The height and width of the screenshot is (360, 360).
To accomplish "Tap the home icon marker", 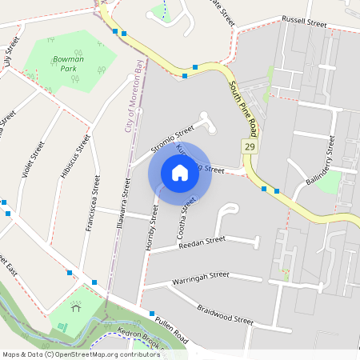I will click(x=180, y=173).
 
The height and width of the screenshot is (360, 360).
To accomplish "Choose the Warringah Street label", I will click(x=201, y=278).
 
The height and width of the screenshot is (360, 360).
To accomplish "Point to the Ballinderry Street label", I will click(x=320, y=161).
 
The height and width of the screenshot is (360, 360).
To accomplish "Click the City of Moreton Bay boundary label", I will click(x=136, y=96).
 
